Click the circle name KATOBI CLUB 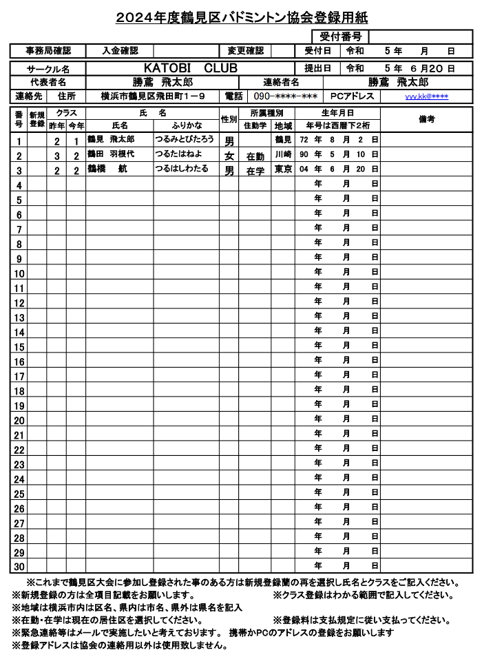pos(191,68)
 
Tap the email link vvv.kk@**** pos(426,96)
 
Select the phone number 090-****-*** pos(286,96)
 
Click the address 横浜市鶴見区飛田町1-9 pos(151,96)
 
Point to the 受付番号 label pos(340,36)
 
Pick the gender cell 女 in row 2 pos(229,156)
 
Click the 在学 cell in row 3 pos(255,171)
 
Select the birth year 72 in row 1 pos(304,140)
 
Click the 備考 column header pos(426,118)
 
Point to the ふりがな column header pos(187,125)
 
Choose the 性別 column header pos(229,118)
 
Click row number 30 pos(19,567)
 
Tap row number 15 pos(19,346)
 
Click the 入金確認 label pos(120,51)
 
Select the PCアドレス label pos(353,96)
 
